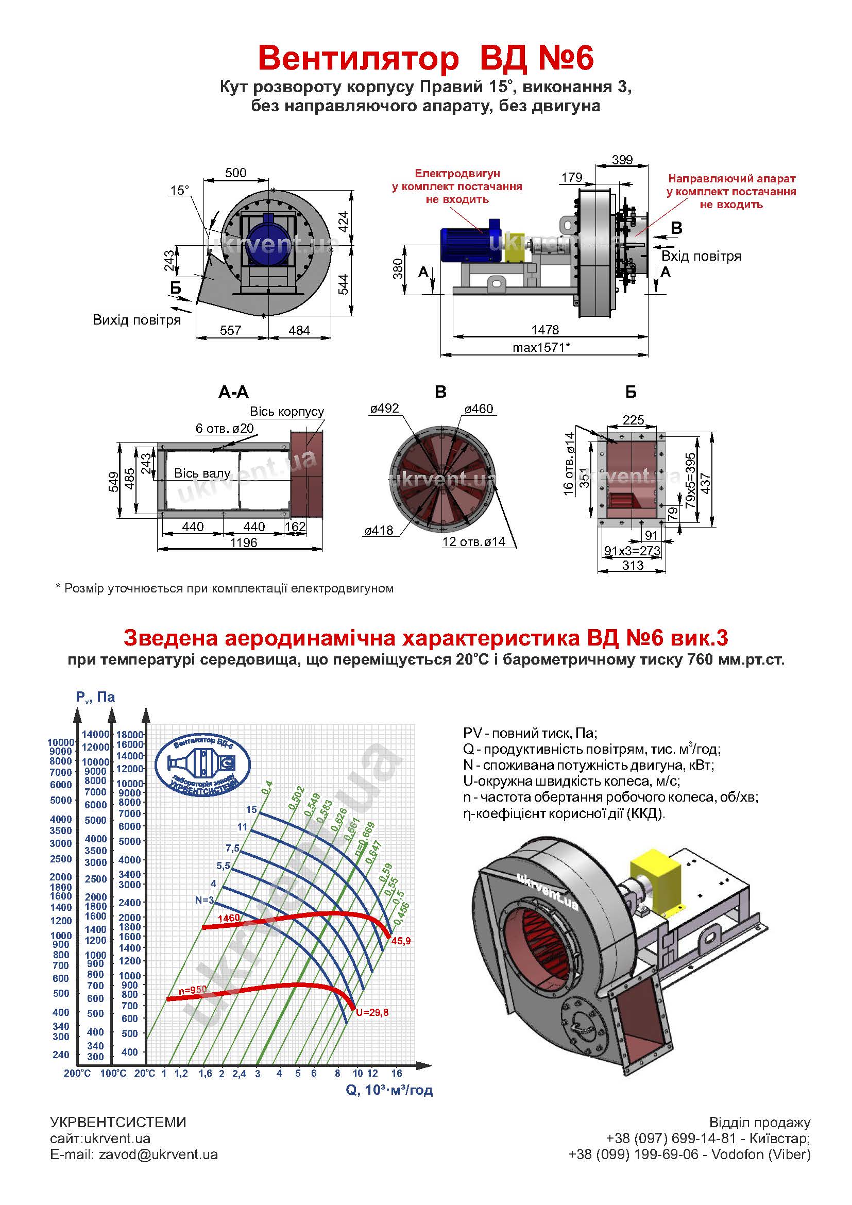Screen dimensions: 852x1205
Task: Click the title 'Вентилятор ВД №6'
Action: pos(425,58)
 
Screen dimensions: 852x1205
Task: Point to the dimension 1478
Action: pos(545,330)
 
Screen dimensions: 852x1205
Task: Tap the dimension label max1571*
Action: pos(541,347)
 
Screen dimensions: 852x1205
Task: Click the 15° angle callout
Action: pos(179,190)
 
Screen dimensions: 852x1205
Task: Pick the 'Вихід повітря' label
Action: pos(137,319)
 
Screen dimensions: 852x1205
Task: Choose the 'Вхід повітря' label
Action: pos(702,256)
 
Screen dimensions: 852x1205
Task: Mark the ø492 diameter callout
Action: pos(385,409)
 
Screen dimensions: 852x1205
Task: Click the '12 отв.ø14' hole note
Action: pos(473,541)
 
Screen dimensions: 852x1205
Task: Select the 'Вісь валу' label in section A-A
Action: pos(202,473)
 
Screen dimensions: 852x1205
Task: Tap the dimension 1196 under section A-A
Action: pos(244,542)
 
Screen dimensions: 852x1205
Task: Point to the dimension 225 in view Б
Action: pos(633,420)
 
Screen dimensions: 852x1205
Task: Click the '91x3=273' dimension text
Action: pos(632,551)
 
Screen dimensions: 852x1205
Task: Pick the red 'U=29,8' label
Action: pos(372,1012)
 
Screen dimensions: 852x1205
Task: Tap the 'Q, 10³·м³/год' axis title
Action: pos(389,1087)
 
